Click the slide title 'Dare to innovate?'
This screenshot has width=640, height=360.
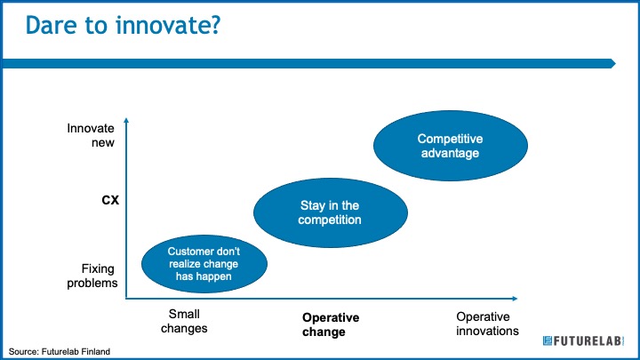(123, 25)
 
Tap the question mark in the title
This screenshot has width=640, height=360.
(214, 25)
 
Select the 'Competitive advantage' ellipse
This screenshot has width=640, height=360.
(450, 146)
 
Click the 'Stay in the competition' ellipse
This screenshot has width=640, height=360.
(330, 212)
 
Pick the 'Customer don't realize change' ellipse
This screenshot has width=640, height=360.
(204, 264)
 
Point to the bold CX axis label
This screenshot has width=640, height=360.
(110, 200)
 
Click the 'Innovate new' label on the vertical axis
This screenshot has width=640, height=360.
(91, 135)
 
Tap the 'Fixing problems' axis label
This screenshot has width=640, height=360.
(92, 276)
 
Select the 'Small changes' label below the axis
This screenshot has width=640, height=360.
(184, 321)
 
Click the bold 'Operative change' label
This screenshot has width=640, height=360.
(331, 324)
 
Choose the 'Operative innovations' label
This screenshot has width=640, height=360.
(487, 324)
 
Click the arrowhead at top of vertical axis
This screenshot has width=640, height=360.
(126, 120)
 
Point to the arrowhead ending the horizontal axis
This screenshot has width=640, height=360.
(515, 299)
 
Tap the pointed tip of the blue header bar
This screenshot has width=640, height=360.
(615, 64)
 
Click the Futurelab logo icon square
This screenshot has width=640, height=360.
(548, 340)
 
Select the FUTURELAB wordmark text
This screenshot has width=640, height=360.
(588, 340)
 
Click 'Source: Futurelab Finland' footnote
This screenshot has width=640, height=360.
(60, 351)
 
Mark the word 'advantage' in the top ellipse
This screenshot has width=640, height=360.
(450, 153)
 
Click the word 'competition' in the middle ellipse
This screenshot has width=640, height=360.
(330, 220)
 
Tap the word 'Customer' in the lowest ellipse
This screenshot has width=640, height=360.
(191, 252)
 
